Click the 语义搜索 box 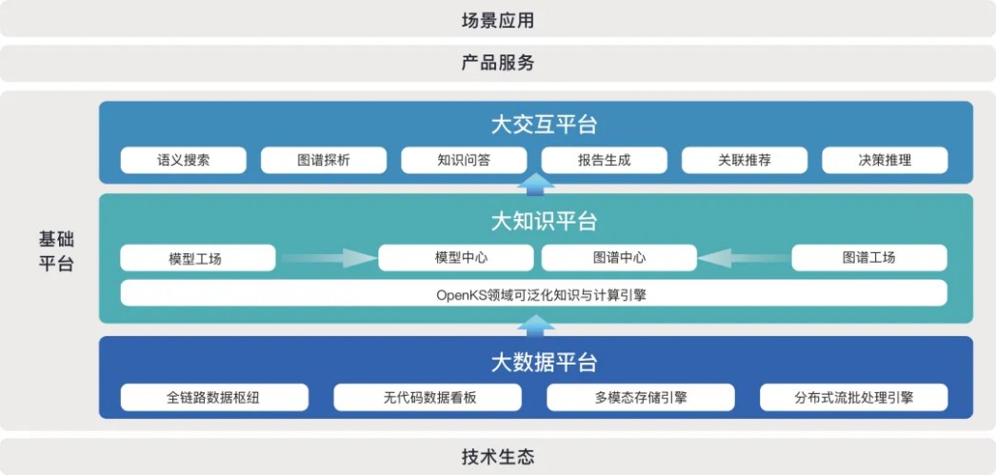[x=184, y=160]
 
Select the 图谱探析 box [x=324, y=160]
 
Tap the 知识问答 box [x=464, y=160]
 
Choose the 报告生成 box [x=604, y=160]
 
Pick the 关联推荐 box [x=745, y=160]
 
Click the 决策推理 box [x=885, y=160]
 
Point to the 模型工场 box [x=198, y=258]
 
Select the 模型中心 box [x=456, y=258]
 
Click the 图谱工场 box [x=869, y=258]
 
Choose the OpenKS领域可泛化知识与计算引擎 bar [x=533, y=293]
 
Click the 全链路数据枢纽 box [x=214, y=398]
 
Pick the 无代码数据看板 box [x=428, y=398]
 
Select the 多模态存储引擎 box [x=641, y=398]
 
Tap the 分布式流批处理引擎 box [x=854, y=398]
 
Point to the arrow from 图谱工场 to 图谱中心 [x=743, y=258]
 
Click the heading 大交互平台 [x=545, y=125]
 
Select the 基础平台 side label [x=56, y=251]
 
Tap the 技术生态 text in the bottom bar [x=498, y=456]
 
